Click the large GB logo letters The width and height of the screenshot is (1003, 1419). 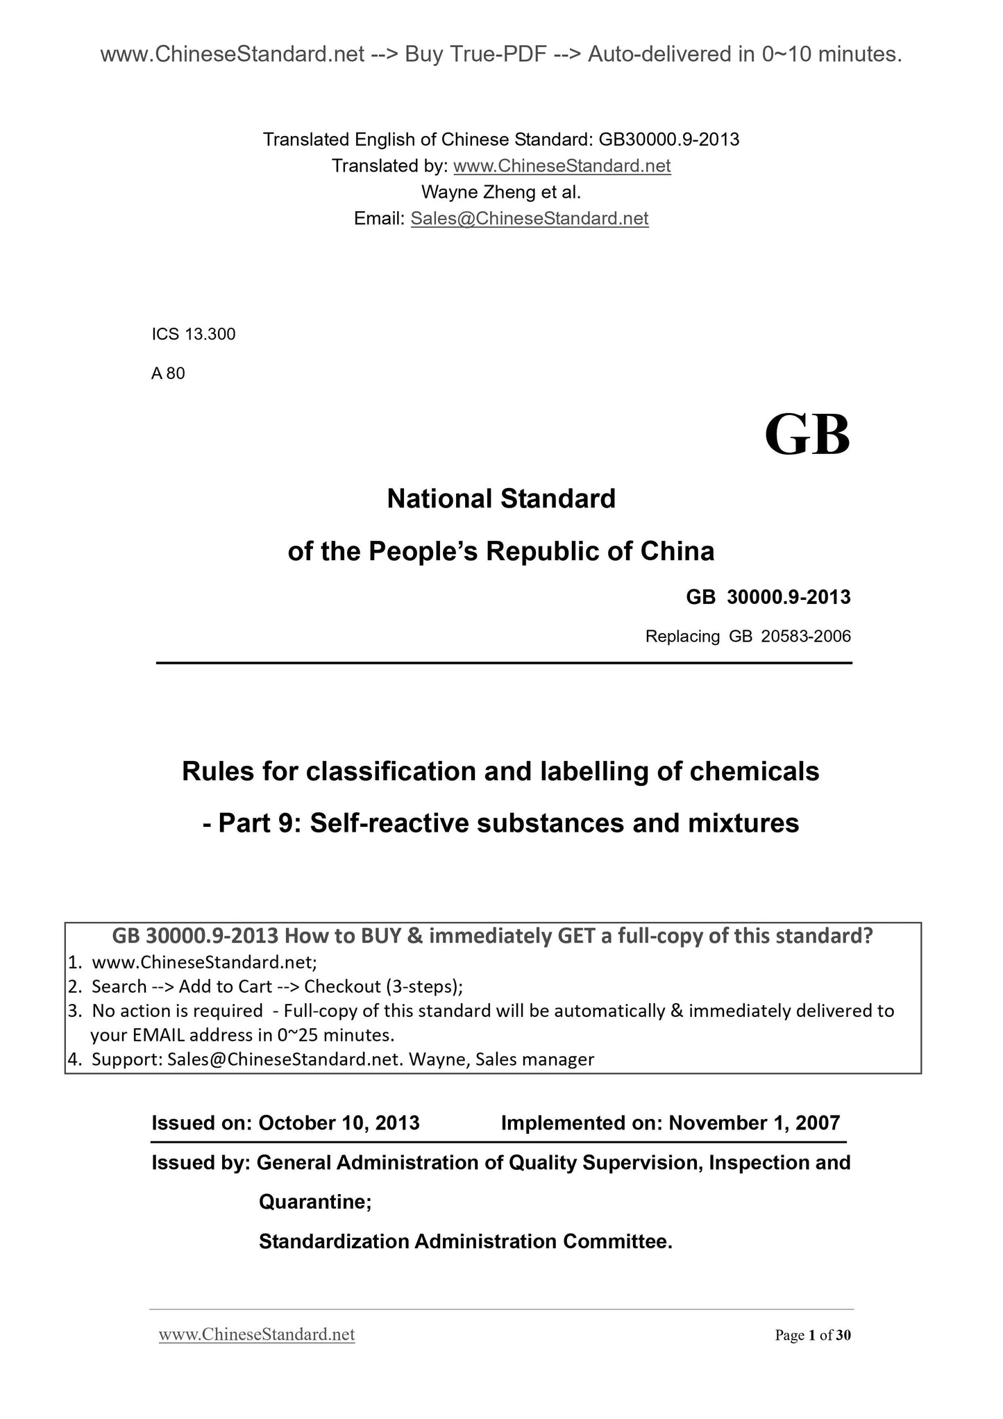click(807, 435)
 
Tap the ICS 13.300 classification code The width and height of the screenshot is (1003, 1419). click(194, 334)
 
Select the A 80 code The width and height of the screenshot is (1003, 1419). click(168, 373)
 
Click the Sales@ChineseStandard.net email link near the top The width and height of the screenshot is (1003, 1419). click(529, 219)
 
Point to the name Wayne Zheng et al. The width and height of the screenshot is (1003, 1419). click(500, 192)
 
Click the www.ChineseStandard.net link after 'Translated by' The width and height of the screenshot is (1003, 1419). click(562, 166)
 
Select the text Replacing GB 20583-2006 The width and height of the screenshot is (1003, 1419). click(748, 636)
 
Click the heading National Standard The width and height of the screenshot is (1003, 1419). click(500, 498)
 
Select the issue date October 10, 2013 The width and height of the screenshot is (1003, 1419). click(339, 1123)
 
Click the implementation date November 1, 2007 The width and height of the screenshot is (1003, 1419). click(754, 1123)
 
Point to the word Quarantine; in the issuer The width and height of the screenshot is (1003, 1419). click(315, 1202)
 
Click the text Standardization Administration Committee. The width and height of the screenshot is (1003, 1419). click(465, 1241)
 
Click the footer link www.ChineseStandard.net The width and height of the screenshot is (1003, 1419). click(257, 1334)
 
